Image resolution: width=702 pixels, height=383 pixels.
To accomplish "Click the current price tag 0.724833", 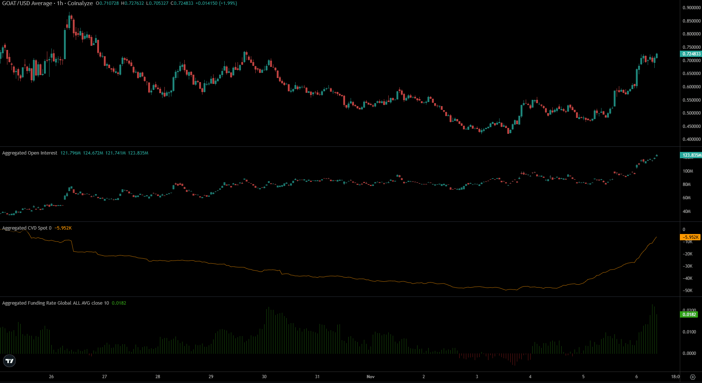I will coord(691,54).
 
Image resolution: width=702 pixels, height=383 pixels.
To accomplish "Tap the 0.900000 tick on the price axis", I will coord(691,8).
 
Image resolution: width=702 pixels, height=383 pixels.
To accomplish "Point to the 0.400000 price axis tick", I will coord(691,139).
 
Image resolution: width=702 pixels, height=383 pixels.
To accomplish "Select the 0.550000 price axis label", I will coord(691,100).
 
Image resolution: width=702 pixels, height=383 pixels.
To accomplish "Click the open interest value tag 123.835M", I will coord(691,155).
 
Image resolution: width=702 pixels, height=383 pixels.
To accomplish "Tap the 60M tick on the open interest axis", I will coord(686,198).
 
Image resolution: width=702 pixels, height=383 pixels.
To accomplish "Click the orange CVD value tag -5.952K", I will coord(690,237).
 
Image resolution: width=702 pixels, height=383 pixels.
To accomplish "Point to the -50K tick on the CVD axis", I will coord(687,291).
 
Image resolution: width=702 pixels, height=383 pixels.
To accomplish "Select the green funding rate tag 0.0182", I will coord(689,315).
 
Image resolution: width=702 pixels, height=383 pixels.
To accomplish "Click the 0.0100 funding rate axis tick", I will coord(689,332).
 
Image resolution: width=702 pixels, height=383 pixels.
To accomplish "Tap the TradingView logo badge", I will coord(9,361).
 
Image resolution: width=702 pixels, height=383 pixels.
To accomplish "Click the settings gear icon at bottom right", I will coord(693,377).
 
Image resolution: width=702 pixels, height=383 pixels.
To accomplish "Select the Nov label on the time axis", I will coord(370,377).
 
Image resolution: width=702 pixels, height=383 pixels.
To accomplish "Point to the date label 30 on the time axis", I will coord(264,377).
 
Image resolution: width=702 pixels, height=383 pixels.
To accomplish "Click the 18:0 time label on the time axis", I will coord(675,377).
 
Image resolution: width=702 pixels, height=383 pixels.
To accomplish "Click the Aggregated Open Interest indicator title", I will coord(30,153).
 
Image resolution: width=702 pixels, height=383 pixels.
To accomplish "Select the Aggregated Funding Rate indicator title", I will coord(55,303).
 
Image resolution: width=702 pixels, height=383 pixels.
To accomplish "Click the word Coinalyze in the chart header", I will coord(80,3).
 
